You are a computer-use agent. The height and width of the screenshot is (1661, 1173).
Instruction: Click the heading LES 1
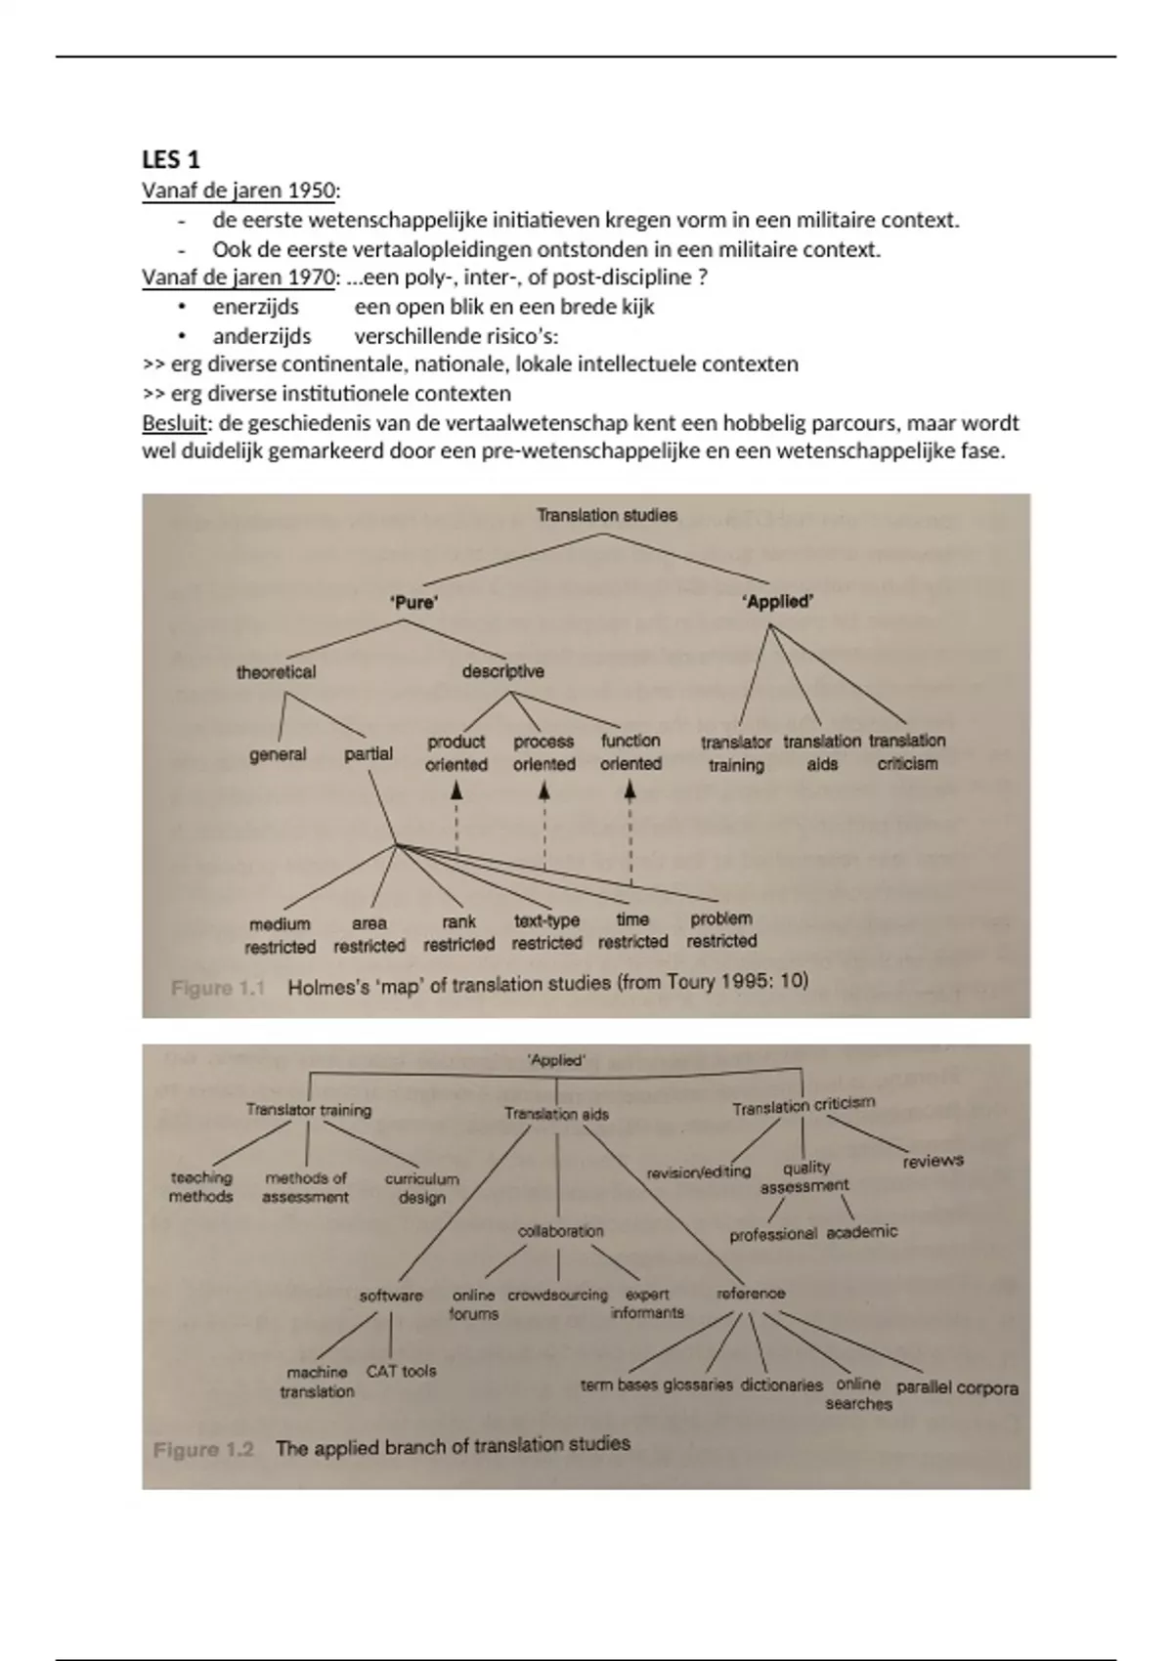(x=171, y=159)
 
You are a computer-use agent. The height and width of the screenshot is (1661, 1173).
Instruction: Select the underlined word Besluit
(x=174, y=423)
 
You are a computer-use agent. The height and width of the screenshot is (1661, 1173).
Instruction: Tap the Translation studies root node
(x=606, y=515)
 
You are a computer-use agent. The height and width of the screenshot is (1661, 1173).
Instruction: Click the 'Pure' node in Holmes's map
(x=413, y=602)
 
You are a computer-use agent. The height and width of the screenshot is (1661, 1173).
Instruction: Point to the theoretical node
(x=276, y=672)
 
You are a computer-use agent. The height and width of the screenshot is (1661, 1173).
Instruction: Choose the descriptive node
(x=502, y=671)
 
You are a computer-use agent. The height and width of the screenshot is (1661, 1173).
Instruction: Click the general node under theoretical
(x=278, y=754)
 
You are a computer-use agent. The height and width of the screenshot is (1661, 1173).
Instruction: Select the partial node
(x=369, y=753)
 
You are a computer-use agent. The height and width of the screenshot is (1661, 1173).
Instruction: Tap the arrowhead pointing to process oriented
(x=544, y=791)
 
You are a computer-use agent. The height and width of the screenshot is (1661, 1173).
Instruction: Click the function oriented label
(x=630, y=752)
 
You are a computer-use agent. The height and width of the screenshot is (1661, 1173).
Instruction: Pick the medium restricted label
(x=280, y=935)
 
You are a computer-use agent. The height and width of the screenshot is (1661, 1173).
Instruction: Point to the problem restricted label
(x=721, y=929)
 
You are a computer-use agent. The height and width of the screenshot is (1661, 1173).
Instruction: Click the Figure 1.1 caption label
(x=218, y=988)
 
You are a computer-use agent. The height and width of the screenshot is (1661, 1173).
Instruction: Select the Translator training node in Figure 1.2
(x=309, y=1110)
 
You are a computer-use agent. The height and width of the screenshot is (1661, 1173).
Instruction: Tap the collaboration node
(x=560, y=1231)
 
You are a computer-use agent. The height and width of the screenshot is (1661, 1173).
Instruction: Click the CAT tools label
(x=401, y=1371)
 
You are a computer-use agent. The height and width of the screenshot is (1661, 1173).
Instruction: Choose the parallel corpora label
(x=957, y=1387)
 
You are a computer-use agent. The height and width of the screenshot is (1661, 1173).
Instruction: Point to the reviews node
(x=933, y=1161)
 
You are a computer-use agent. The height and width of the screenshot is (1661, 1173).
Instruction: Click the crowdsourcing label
(x=557, y=1295)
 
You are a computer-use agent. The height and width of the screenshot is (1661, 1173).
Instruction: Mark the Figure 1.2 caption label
(x=203, y=1449)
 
